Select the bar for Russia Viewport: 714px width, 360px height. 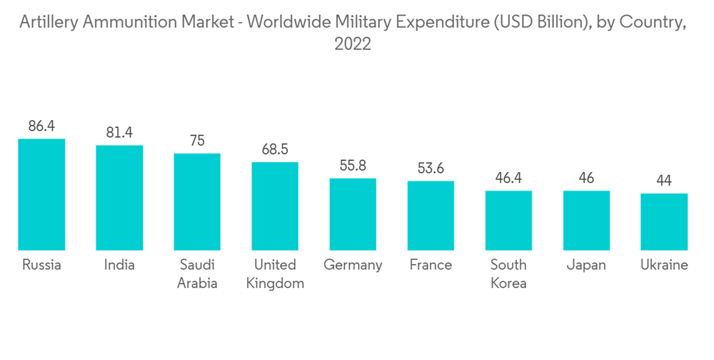[41, 194]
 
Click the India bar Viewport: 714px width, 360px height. [119, 197]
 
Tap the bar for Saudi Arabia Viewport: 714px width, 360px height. [197, 201]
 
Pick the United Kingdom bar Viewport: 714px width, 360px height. [275, 206]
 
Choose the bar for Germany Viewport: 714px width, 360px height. [353, 214]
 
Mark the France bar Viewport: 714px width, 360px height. [431, 215]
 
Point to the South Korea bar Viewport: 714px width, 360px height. [508, 220]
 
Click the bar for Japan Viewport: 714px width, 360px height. [586, 220]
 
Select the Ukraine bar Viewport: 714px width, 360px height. [664, 221]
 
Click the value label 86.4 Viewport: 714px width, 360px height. [41, 126]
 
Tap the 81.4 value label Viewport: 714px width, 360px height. [119, 133]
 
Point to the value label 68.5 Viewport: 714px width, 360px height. [275, 150]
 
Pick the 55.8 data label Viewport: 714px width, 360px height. [353, 166]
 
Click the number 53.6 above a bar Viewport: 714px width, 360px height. [431, 169]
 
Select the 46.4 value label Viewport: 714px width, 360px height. [508, 178]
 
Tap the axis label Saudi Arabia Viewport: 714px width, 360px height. [197, 274]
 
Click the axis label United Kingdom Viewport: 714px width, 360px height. [275, 274]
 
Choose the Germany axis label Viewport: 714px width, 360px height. [353, 265]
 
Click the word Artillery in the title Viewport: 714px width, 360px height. [49, 23]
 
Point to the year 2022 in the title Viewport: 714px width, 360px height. [353, 44]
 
